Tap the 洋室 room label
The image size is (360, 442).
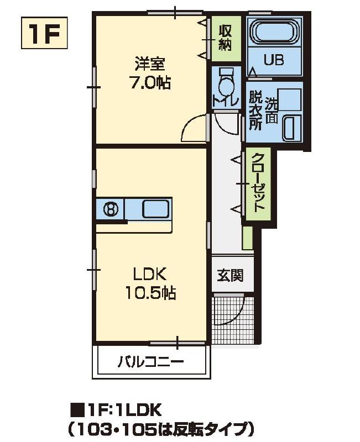click(149, 64)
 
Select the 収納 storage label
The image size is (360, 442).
click(225, 38)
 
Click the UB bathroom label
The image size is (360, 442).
click(273, 60)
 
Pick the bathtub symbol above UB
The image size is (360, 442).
click(274, 33)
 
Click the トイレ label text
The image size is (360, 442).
click(225, 101)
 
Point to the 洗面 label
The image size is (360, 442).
click(271, 110)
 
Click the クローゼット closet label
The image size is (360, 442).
click(258, 183)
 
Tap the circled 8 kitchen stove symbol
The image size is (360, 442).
click(111, 209)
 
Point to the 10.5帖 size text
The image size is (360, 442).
click(149, 293)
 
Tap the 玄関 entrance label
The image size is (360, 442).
click(230, 275)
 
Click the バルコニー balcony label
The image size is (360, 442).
click(150, 362)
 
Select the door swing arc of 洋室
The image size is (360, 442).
click(193, 128)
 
